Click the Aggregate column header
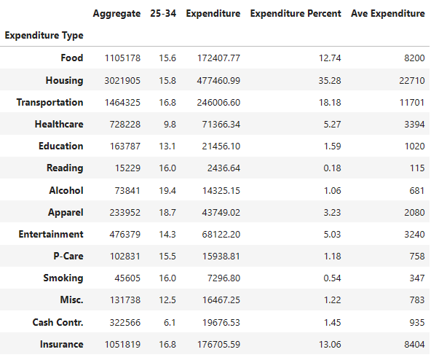click(116, 14)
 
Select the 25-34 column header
click(163, 13)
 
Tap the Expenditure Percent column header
click(296, 14)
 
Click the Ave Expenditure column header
click(388, 14)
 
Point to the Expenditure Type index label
click(44, 36)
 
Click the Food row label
click(72, 58)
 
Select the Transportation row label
click(50, 103)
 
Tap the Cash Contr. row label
click(58, 322)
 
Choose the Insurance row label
click(62, 344)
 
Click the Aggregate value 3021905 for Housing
click(122, 80)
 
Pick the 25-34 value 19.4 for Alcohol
click(167, 190)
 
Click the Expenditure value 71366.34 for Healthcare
click(221, 125)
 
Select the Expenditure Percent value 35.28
click(330, 80)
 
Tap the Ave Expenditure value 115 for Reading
click(417, 168)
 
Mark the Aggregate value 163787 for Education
click(125, 146)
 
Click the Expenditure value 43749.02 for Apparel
click(221, 213)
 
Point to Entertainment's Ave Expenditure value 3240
click(414, 235)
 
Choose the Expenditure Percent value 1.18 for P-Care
click(332, 257)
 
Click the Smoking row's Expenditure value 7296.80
click(223, 278)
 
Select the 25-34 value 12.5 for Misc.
click(167, 300)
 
